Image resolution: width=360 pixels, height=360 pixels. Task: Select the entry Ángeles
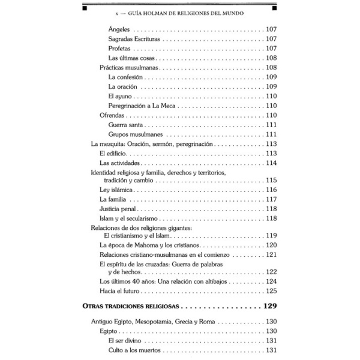point(120,29)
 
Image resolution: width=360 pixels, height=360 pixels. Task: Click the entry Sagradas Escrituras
point(135,38)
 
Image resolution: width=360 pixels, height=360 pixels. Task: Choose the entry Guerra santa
point(125,124)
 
